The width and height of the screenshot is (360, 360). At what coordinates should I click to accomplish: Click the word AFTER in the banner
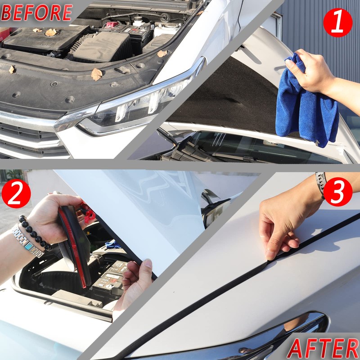[323, 348]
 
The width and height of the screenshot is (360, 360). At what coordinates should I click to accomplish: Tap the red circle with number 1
[337, 23]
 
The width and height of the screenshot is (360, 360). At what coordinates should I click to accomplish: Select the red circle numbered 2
[16, 194]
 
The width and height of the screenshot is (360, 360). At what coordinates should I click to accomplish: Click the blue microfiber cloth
[306, 103]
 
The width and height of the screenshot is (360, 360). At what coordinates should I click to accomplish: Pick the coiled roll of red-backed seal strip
[74, 243]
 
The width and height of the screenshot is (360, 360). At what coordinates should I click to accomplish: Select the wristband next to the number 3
[320, 182]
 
